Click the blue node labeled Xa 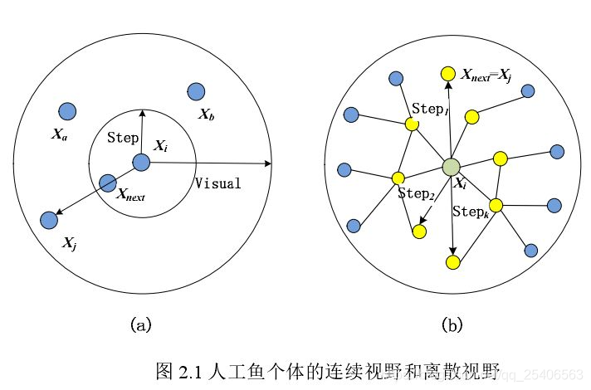click(x=67, y=111)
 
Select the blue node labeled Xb click(x=197, y=92)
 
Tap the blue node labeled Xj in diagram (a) click(x=49, y=220)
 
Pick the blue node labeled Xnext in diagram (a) click(x=107, y=183)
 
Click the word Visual click(x=217, y=183)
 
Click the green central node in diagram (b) click(x=451, y=167)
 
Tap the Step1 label click(x=430, y=109)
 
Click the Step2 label click(x=416, y=193)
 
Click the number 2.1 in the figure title click(x=188, y=367)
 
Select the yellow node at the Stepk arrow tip click(x=452, y=262)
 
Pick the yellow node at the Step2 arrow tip click(x=419, y=232)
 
